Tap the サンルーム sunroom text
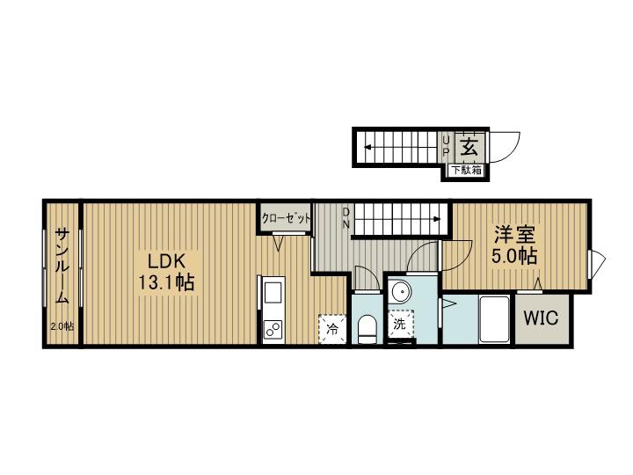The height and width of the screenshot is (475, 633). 62,266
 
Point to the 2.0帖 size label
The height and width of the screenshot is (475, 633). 62,326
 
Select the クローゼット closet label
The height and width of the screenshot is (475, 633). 286,218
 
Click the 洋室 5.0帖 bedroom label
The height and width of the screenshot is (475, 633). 514,245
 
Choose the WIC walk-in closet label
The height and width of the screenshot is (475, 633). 541,318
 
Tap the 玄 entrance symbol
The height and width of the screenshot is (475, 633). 469,147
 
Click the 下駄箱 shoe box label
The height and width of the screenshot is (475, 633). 466,170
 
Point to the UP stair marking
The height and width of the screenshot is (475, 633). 446,147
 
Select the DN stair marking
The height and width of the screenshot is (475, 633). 346,218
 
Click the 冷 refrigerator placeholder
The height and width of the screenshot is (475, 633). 332,329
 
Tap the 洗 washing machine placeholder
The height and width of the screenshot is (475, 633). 400,323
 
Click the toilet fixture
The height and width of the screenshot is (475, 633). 367,329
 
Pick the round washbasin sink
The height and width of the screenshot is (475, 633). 400,290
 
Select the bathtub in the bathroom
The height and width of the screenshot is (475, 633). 494,319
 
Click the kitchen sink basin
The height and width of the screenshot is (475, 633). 273,293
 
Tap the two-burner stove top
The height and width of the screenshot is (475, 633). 273,329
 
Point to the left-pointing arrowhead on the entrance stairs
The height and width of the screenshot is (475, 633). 367,147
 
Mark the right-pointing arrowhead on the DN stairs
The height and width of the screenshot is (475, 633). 437,219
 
